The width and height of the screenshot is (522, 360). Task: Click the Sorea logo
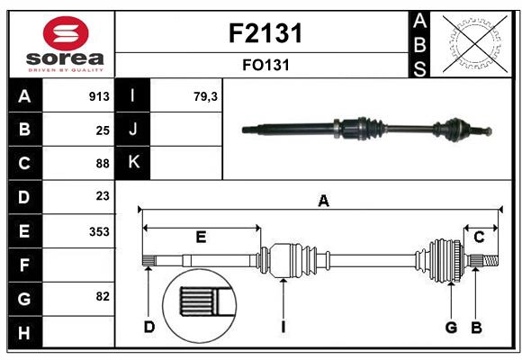tap(61, 44)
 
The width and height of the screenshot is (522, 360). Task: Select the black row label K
tap(134, 163)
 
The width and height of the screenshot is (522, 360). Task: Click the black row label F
tap(24, 265)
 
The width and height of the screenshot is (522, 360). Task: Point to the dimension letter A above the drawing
tap(323, 202)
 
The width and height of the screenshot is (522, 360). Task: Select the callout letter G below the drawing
tap(451, 328)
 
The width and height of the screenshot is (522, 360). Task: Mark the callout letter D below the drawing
tap(149, 328)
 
